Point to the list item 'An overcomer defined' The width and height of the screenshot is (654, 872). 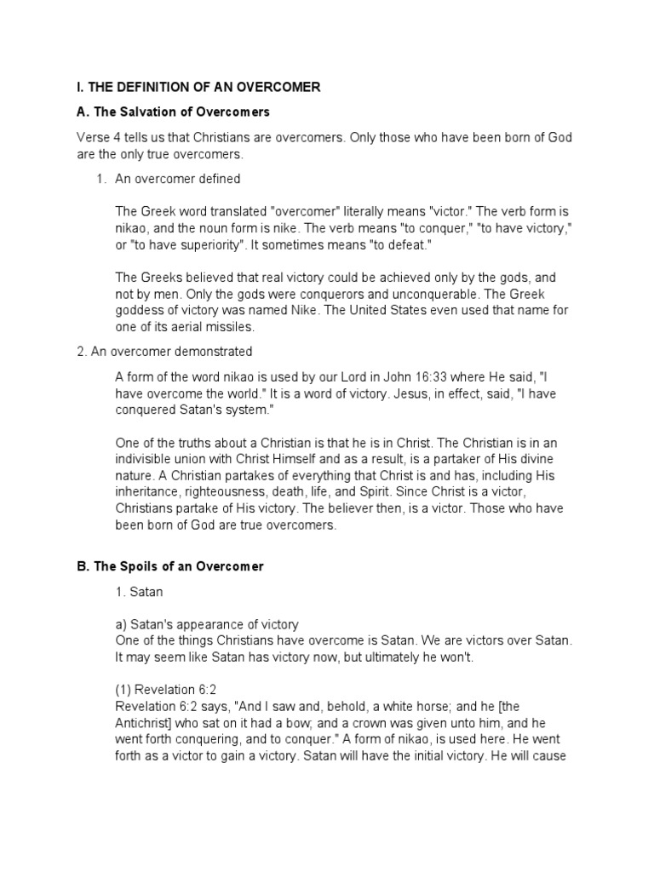click(177, 179)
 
